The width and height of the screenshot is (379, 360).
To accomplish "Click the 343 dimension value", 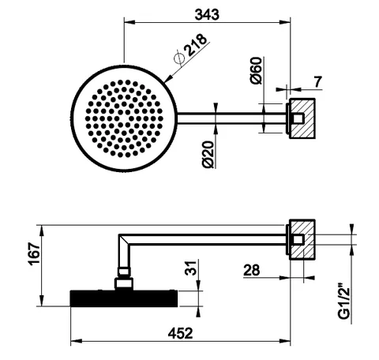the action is [x=207, y=14].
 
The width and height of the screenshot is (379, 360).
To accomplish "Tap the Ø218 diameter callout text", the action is [x=191, y=49].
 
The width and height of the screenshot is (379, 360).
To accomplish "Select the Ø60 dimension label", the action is [x=257, y=70].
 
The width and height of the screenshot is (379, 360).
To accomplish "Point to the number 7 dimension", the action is [x=318, y=81].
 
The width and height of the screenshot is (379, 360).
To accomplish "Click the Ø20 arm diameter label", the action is [x=208, y=155].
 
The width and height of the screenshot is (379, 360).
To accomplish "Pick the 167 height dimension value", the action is [x=35, y=253].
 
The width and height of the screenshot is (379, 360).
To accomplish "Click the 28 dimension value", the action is [x=252, y=270].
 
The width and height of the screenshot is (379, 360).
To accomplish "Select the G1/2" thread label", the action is [x=344, y=301].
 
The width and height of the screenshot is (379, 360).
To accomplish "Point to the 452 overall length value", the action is [x=181, y=333].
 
